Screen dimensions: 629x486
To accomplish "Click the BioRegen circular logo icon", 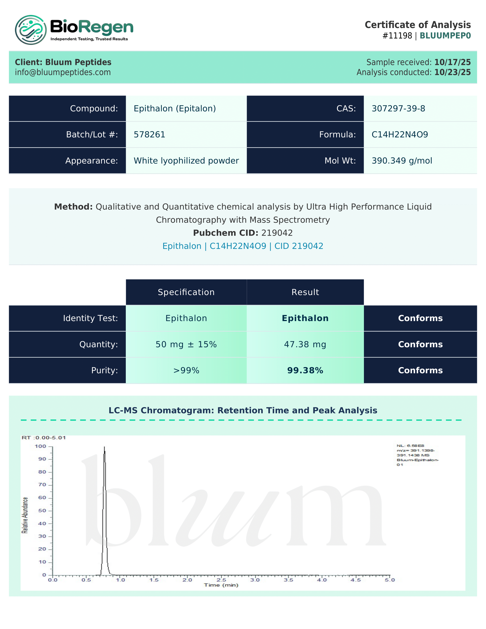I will [x=31, y=30].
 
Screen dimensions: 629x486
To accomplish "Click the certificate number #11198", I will [x=397, y=36].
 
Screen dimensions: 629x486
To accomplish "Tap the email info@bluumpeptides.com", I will [x=63, y=72].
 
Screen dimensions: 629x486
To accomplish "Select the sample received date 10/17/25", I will [x=452, y=62].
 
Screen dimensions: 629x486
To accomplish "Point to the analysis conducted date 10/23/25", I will [x=452, y=72].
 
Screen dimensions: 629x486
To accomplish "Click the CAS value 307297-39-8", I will [x=398, y=109].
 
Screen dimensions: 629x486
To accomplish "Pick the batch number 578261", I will [x=150, y=134].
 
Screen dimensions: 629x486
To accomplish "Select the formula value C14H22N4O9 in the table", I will [x=400, y=134].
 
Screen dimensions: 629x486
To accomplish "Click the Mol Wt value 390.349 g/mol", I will [x=402, y=161].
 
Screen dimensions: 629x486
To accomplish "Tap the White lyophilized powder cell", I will [x=186, y=161].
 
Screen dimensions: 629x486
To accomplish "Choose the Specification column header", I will [x=186, y=292].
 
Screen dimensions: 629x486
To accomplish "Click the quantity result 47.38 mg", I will [x=305, y=344].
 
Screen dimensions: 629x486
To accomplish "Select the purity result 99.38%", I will [x=305, y=370].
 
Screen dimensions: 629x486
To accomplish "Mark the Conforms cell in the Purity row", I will [x=420, y=370].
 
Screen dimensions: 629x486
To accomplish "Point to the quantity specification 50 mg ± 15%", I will [x=186, y=344].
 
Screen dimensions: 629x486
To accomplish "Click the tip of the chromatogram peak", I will [x=105, y=447].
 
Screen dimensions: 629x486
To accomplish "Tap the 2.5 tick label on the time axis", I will [x=221, y=580].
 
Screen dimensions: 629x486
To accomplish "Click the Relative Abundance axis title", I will [x=25, y=515].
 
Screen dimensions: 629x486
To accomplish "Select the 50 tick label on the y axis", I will [x=42, y=511].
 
